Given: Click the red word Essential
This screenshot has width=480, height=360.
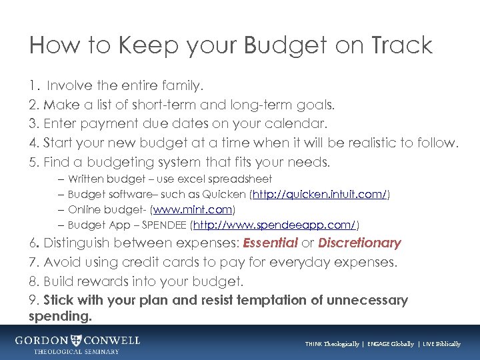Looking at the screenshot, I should point(271,243).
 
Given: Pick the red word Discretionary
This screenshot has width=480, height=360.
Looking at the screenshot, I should point(359,243).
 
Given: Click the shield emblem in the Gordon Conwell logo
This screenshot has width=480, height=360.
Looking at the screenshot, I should point(77,341).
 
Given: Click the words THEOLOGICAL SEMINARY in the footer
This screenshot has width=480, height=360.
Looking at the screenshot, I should point(77,351).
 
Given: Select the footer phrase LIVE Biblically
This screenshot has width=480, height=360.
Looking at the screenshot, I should point(441,344).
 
